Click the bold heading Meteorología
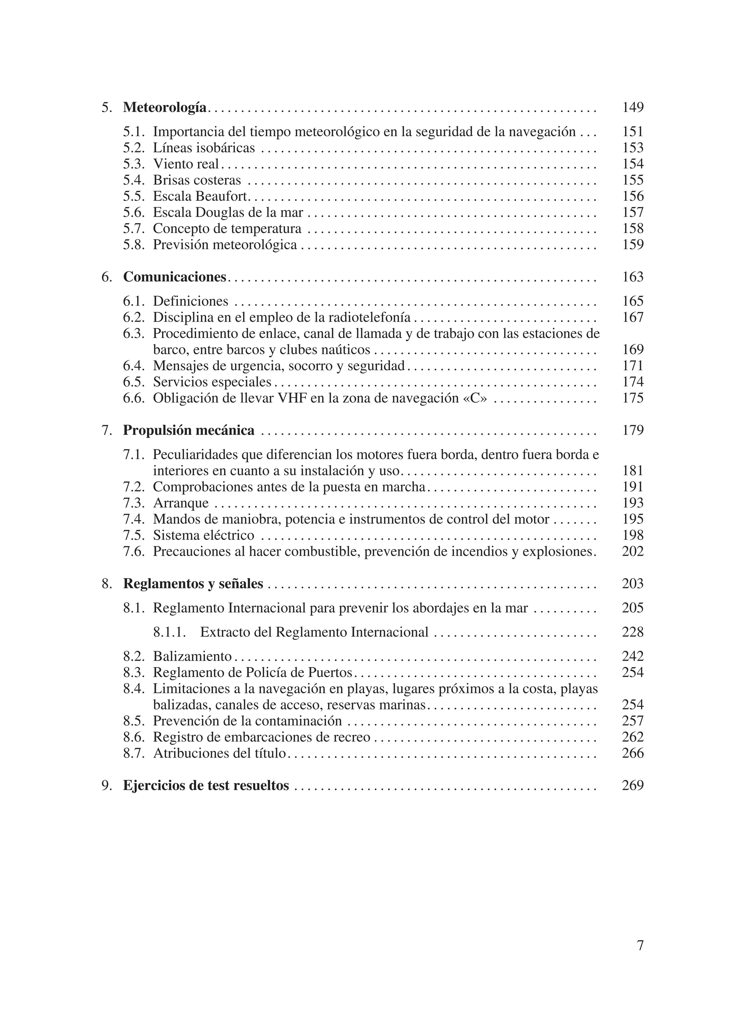pyautogui.click(x=165, y=108)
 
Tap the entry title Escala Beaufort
pyautogui.click(x=201, y=196)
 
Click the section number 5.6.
pyautogui.click(x=134, y=212)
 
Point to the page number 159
pyautogui.click(x=633, y=244)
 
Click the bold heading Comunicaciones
pyautogui.click(x=175, y=277)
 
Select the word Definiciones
pyautogui.click(x=190, y=301)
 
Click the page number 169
pyautogui.click(x=633, y=349)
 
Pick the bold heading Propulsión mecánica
pyautogui.click(x=189, y=430)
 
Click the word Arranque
pyautogui.click(x=181, y=503)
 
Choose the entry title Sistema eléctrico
pyautogui.click(x=203, y=535)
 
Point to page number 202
pyautogui.click(x=633, y=551)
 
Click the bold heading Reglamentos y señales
pyautogui.click(x=193, y=583)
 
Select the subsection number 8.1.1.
pyautogui.click(x=169, y=632)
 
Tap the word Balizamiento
pyautogui.click(x=192, y=656)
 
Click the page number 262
pyautogui.click(x=633, y=737)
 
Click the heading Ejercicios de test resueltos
pyautogui.click(x=206, y=786)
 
